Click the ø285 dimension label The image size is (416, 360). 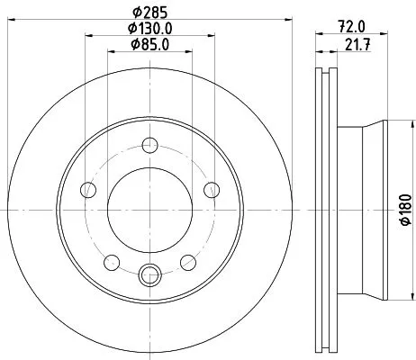point(150,12)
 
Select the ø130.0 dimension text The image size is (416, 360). point(150,28)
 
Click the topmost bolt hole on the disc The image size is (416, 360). point(150,141)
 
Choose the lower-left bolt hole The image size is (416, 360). point(112,262)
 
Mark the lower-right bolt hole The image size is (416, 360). point(189,262)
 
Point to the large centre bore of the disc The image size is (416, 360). point(150,207)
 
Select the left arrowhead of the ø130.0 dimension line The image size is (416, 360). point(87,35)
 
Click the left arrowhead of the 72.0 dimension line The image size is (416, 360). point(316,35)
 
